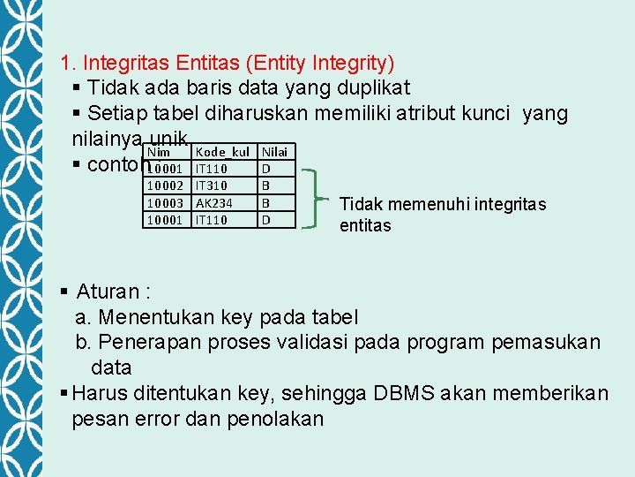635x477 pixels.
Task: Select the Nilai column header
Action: [x=274, y=152]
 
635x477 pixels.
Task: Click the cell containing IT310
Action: [x=211, y=185]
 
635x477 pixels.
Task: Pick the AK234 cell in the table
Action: [x=213, y=202]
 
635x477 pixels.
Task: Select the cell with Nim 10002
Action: [x=165, y=185]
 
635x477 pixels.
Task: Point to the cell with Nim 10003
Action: [x=165, y=202]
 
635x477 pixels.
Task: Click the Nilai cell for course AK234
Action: [x=266, y=202]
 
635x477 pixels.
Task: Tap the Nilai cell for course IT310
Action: [x=266, y=185]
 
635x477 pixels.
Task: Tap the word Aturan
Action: [x=107, y=291]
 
